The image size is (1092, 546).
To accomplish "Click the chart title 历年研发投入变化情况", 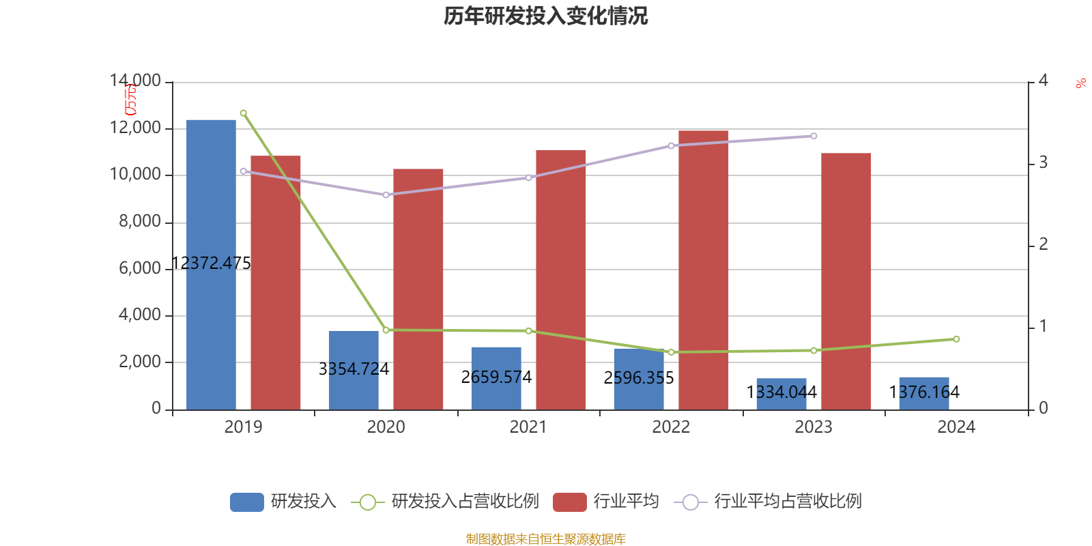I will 545,16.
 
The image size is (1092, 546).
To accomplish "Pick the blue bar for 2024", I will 923,393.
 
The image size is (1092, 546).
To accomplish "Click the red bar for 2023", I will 846,281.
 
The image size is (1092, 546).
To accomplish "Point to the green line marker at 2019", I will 244,113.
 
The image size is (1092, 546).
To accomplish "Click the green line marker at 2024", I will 956,339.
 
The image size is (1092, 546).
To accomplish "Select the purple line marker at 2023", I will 814,136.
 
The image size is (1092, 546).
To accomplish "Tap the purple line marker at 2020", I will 386,195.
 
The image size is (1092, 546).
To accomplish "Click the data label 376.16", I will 923,392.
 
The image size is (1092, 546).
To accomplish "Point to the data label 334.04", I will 781,392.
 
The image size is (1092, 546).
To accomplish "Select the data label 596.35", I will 638,378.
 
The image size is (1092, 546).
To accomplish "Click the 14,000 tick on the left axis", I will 135,81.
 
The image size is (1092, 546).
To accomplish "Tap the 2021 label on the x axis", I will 528,427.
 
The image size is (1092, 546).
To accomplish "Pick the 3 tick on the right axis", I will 1043,163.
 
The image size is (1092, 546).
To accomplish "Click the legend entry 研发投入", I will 283,502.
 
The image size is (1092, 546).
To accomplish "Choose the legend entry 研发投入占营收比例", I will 445,502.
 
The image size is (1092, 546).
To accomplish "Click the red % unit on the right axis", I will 1080,83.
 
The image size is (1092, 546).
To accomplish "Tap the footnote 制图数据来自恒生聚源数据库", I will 545,539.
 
